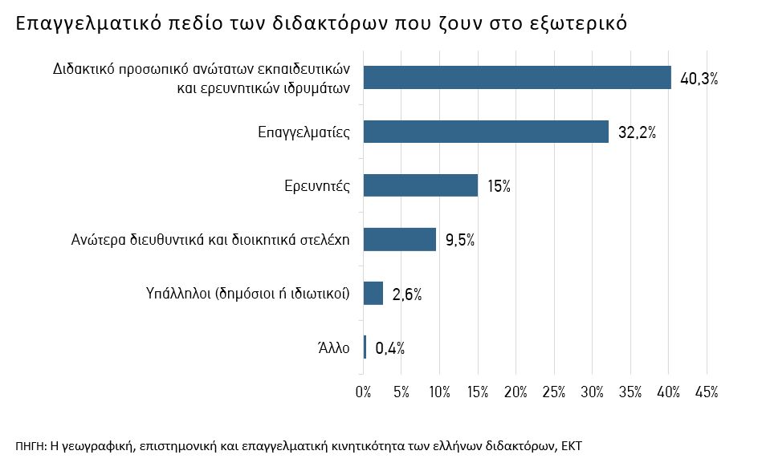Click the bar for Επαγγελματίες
(486, 132)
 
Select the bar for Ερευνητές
(421, 185)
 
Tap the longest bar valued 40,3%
(517, 78)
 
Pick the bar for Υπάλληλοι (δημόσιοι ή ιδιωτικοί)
(373, 293)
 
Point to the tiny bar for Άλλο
(365, 347)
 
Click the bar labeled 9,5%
(400, 239)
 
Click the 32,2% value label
(638, 132)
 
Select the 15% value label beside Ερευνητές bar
(499, 186)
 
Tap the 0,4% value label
(389, 347)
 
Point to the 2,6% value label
(407, 294)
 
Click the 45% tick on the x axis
(707, 392)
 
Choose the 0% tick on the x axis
(364, 392)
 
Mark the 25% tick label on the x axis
(554, 392)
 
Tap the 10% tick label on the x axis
(440, 392)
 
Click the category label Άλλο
(334, 347)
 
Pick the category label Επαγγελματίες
(304, 132)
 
